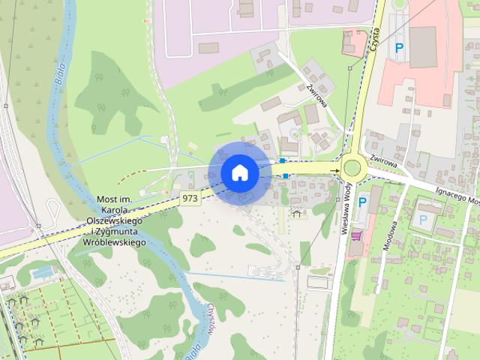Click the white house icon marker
[239, 172]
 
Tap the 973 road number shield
[190, 198]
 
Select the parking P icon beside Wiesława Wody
[363, 202]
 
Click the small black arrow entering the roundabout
[335, 172]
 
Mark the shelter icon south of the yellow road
[296, 214]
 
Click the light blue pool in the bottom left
[42, 271]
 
